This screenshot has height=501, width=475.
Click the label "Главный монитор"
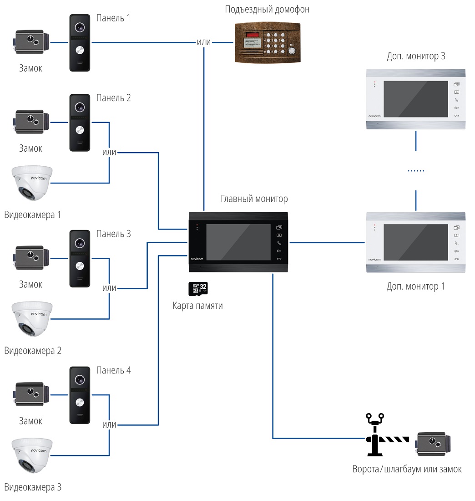tap(254, 199)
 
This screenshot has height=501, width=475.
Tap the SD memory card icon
tap(198, 289)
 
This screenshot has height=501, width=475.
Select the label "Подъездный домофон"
tap(267, 10)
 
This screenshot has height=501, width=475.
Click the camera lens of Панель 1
tap(80, 26)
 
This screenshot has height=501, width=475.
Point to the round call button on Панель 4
tap(80, 402)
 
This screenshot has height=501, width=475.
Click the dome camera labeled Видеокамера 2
tap(32, 319)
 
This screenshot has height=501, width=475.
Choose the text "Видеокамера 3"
tap(32, 487)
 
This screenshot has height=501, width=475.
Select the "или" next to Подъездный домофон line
tap(203, 42)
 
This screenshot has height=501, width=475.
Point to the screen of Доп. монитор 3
tap(415, 99)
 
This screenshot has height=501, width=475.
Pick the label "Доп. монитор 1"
tap(415, 286)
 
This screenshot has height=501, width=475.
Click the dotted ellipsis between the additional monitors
tap(416, 171)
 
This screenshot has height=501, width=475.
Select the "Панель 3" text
tap(113, 234)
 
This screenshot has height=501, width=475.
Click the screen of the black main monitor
tap(239, 242)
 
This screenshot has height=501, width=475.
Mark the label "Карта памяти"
tap(198, 306)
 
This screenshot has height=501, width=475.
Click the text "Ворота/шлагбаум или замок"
tap(407, 469)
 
